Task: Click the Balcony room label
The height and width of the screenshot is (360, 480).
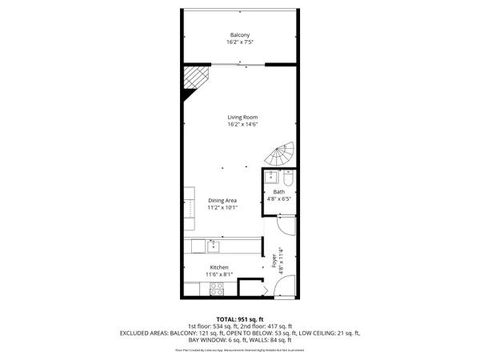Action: [240, 35]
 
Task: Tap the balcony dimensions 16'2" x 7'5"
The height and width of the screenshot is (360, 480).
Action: [240, 43]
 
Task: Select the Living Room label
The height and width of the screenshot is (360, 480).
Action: [242, 118]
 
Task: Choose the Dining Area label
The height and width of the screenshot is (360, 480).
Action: [223, 200]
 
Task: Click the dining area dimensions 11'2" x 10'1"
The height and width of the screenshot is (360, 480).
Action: [223, 208]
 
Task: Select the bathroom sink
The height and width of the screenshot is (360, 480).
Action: [272, 177]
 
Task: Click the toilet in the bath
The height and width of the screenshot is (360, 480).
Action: [289, 178]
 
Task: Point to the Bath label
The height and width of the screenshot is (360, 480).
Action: [278, 192]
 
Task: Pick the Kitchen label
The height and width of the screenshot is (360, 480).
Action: [219, 267]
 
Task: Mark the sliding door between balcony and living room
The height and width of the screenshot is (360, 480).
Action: [239, 64]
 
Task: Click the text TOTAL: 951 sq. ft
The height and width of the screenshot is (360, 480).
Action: [239, 319]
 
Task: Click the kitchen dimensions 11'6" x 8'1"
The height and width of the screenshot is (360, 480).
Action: [219, 274]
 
